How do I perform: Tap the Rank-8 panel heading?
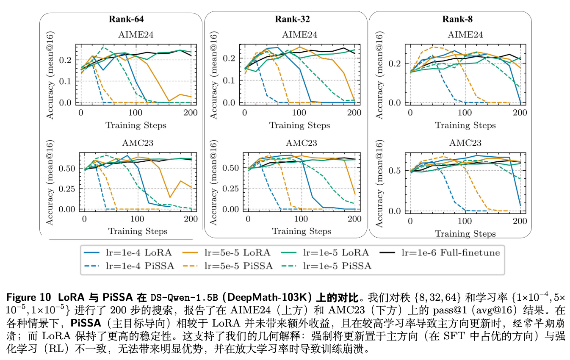[x=457, y=19]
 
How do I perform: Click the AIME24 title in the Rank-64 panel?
[x=136, y=35]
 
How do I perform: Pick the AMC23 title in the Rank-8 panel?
[x=465, y=143]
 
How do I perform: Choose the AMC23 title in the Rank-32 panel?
[x=301, y=143]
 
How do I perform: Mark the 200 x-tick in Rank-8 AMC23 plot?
[x=520, y=222]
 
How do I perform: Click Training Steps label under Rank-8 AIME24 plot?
[x=465, y=125]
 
